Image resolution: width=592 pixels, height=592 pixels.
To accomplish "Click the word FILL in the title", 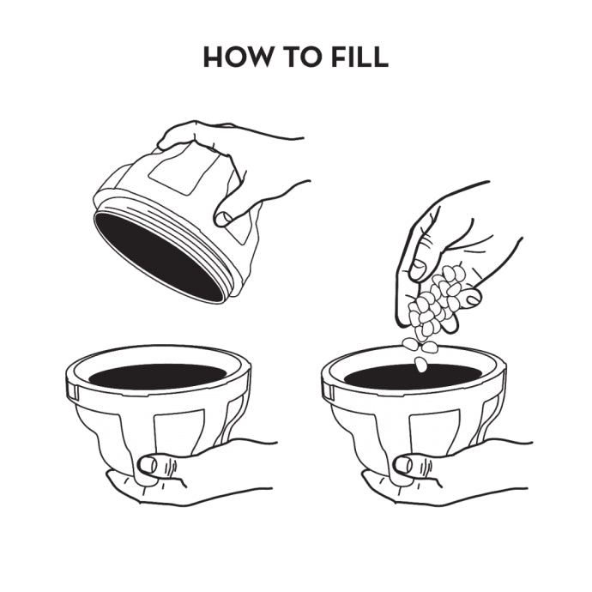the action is pos(359,57).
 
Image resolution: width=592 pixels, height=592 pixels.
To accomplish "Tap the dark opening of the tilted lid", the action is pos(159,257).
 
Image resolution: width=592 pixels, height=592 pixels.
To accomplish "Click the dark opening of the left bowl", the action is pos(158,377).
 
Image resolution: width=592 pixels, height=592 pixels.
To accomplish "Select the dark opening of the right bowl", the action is pos(413,377).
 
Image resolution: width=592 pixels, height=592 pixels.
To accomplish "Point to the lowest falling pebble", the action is pos(420,365).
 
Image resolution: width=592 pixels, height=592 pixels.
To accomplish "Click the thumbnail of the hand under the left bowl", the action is pos(148,465).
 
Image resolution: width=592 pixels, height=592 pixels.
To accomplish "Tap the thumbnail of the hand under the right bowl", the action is pos(403,465).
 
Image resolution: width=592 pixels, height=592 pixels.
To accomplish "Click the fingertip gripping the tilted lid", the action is pos(223,218).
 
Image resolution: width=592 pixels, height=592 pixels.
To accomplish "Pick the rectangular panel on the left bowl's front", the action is pos(180,432).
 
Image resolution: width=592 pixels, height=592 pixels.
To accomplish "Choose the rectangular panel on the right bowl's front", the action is pos(435,432).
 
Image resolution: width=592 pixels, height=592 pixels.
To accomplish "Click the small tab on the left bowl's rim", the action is pos(73,391).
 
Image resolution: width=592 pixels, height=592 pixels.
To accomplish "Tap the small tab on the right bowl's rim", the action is pos(329,391).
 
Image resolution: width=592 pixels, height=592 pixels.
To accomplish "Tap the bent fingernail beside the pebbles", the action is pos(473,299).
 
